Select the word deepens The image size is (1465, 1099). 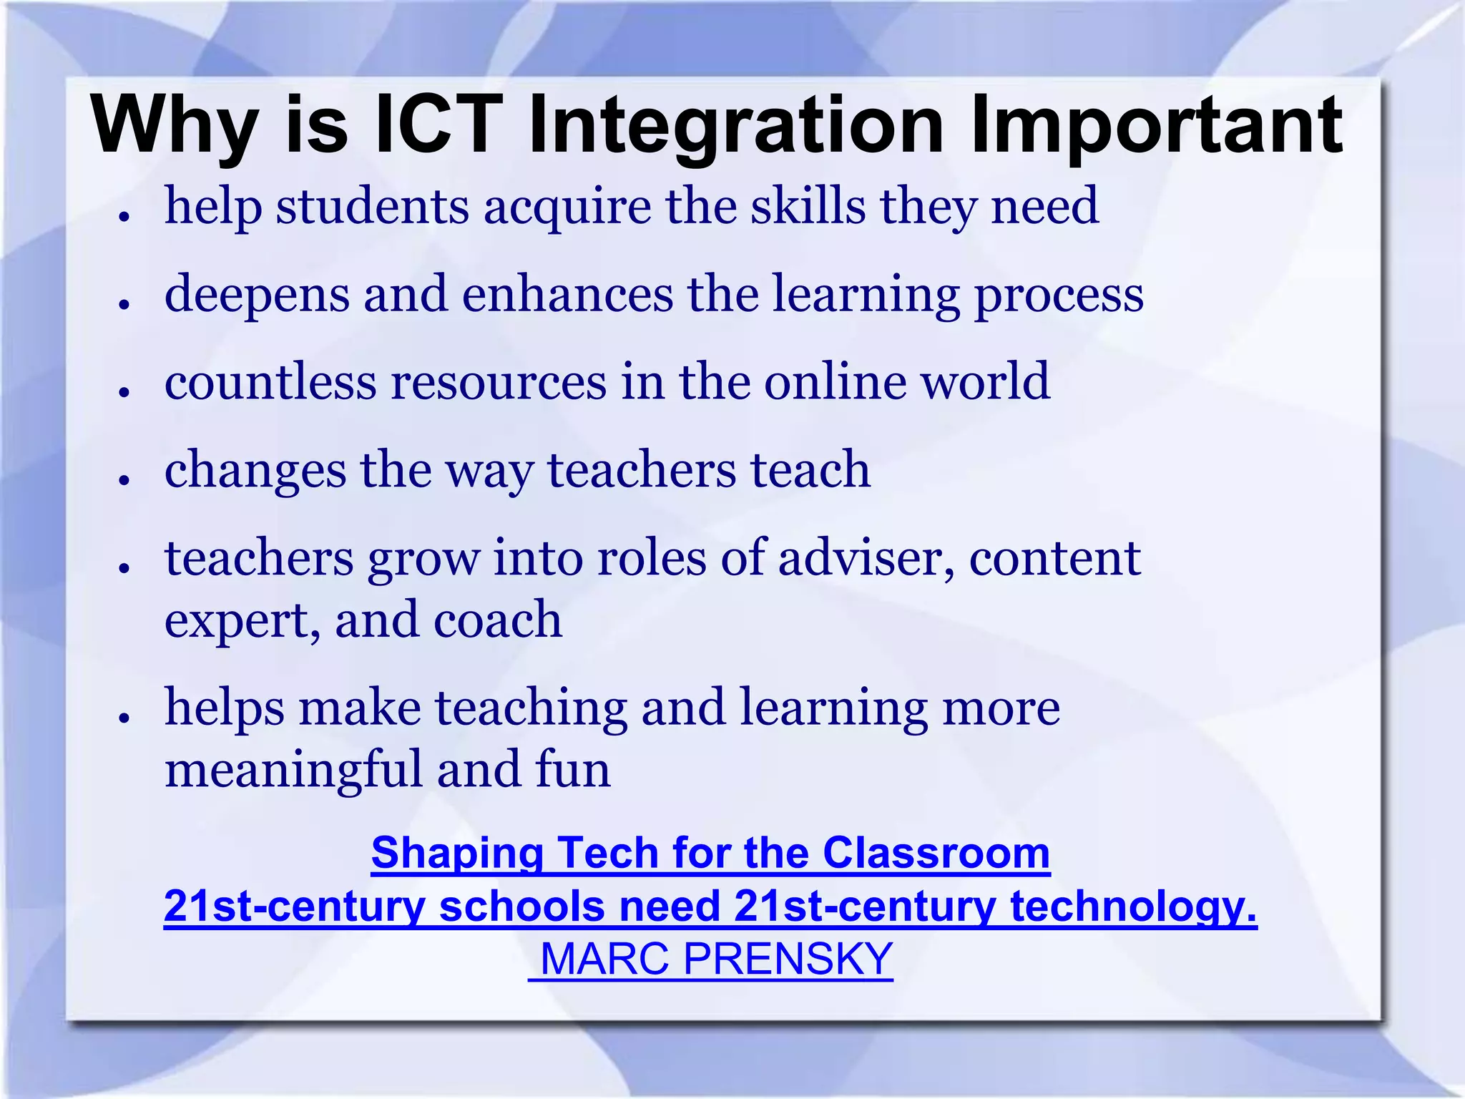(x=257, y=295)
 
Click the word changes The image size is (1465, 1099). (x=255, y=471)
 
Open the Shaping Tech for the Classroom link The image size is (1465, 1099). (x=710, y=853)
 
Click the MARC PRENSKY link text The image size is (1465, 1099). (x=716, y=959)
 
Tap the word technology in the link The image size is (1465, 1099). (x=1133, y=907)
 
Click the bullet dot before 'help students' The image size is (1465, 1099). (x=124, y=215)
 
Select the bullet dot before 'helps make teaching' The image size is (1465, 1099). (x=124, y=717)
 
